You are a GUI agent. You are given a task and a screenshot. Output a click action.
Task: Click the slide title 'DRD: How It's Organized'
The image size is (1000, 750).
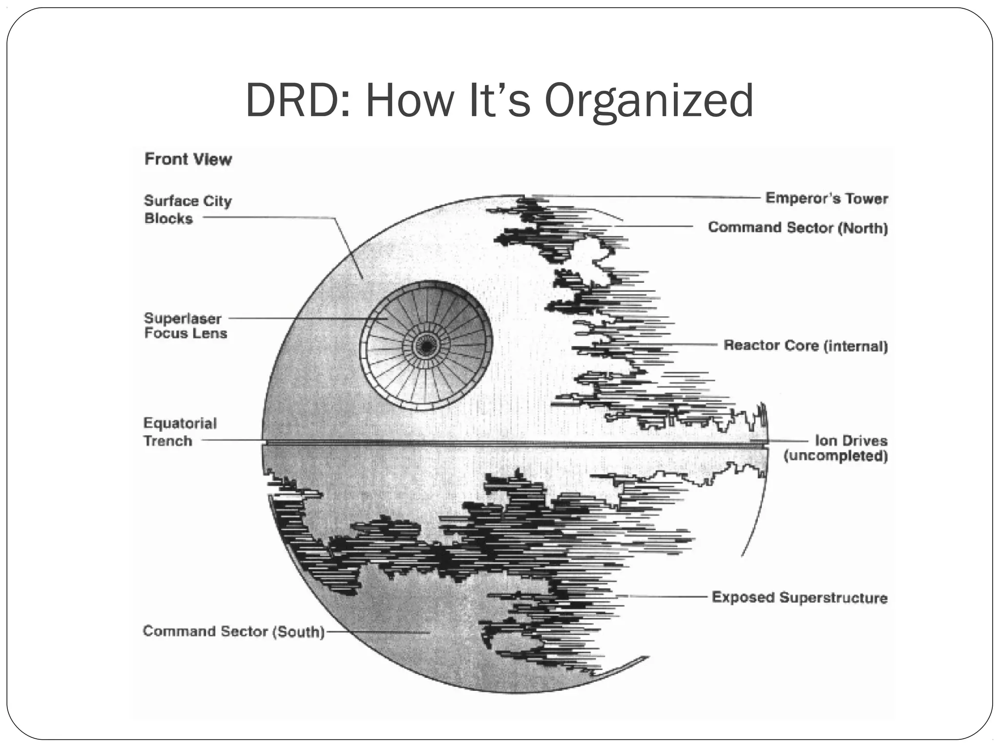[499, 101]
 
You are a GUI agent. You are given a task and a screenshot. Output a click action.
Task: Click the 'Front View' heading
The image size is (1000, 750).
[188, 159]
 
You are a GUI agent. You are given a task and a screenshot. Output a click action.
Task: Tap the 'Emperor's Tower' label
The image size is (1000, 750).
[826, 198]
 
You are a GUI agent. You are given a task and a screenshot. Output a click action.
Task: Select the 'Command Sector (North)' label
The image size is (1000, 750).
[797, 228]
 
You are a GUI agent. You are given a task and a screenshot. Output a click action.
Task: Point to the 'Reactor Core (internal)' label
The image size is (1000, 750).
[805, 346]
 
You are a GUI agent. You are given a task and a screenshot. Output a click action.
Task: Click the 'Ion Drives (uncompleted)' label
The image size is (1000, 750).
[836, 448]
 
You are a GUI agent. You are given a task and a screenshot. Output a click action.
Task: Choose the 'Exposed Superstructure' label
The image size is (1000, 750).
[799, 598]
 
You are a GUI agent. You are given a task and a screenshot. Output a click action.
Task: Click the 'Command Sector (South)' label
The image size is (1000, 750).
[233, 631]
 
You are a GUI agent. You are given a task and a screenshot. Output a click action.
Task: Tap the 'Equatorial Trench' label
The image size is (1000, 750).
[180, 432]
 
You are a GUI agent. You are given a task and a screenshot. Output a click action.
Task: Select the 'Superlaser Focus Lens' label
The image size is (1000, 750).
[186, 326]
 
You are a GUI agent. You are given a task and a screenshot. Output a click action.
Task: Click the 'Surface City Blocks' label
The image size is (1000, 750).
[187, 209]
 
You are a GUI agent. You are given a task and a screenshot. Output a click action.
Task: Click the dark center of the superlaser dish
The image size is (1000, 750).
[426, 347]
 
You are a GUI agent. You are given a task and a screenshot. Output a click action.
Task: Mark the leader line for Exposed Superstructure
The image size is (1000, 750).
[669, 597]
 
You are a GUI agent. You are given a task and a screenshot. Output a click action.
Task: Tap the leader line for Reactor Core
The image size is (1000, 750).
[693, 345]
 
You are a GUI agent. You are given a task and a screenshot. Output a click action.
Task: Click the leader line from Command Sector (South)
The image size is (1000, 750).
[376, 632]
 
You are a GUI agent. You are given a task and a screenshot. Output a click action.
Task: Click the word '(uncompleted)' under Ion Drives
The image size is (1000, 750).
[835, 456]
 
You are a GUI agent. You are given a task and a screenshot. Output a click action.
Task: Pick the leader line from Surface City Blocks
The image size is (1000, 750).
[269, 218]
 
